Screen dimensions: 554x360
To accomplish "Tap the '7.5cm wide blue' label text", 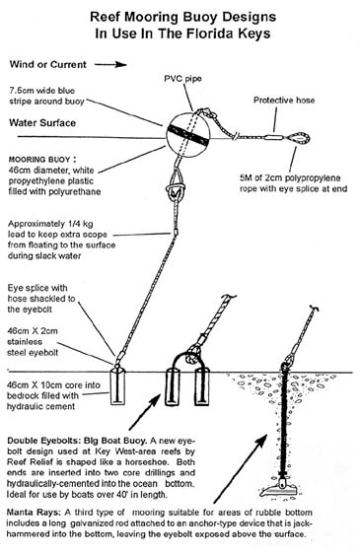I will tap(53, 88).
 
